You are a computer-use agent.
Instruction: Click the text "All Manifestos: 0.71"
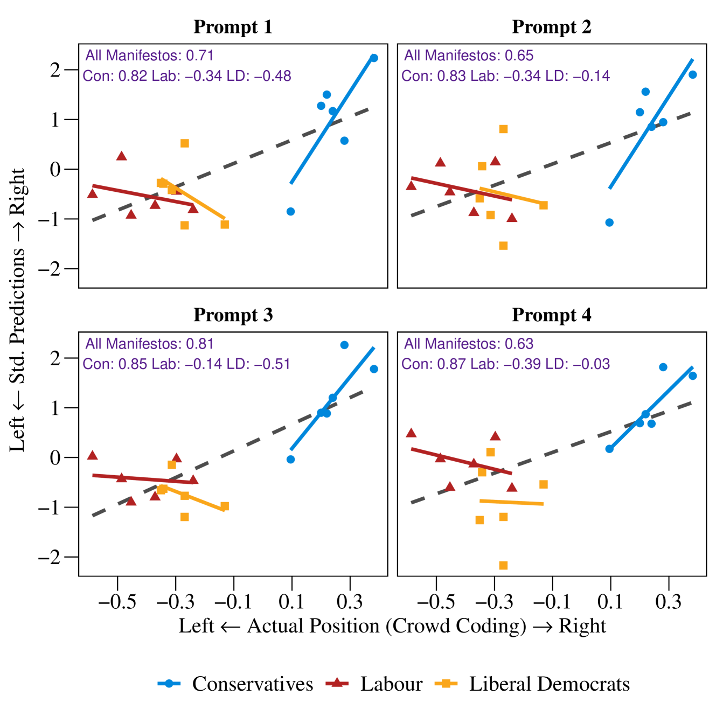pyautogui.click(x=149, y=55)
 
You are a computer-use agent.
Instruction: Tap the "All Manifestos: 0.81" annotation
pyautogui.click(x=149, y=344)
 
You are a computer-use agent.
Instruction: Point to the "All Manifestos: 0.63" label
pyautogui.click(x=468, y=344)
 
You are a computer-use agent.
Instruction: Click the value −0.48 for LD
pyautogui.click(x=273, y=76)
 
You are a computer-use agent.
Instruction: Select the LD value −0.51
pyautogui.click(x=272, y=364)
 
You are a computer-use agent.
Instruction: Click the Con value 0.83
pyautogui.click(x=451, y=76)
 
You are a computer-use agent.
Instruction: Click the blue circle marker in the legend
pyautogui.click(x=169, y=683)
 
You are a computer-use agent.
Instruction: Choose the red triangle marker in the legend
pyautogui.click(x=337, y=682)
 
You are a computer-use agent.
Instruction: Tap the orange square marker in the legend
pyautogui.click(x=446, y=683)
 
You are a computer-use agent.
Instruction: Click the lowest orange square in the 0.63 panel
pyautogui.click(x=503, y=565)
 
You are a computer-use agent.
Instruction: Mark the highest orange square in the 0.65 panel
pyautogui.click(x=503, y=129)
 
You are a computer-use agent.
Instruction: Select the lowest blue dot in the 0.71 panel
pyautogui.click(x=290, y=212)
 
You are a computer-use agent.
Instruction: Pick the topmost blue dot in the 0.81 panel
pyautogui.click(x=344, y=345)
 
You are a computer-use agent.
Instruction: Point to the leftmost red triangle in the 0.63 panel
pyautogui.click(x=411, y=433)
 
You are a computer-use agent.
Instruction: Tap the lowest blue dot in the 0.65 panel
pyautogui.click(x=609, y=223)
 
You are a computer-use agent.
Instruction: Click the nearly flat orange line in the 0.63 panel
pyautogui.click(x=512, y=502)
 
